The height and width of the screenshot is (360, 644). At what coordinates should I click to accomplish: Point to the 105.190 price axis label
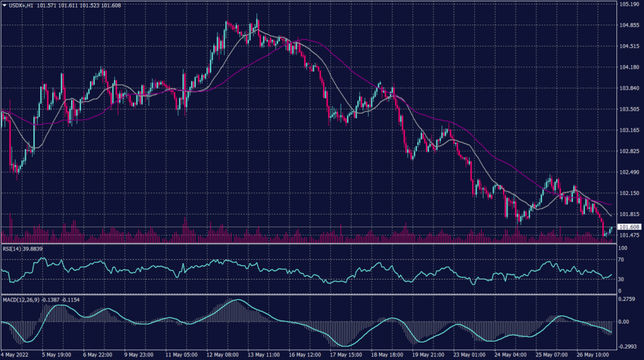pos(629,4)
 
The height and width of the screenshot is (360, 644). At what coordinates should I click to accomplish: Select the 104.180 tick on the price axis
pos(629,67)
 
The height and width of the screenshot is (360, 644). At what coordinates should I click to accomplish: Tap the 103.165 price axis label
pos(629,130)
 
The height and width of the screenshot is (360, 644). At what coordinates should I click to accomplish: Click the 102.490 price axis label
pos(629,172)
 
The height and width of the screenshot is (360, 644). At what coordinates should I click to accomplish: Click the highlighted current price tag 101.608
pos(629,227)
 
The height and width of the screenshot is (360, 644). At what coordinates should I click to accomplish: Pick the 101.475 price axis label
pos(629,235)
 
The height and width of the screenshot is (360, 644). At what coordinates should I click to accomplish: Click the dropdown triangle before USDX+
pos(4,5)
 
